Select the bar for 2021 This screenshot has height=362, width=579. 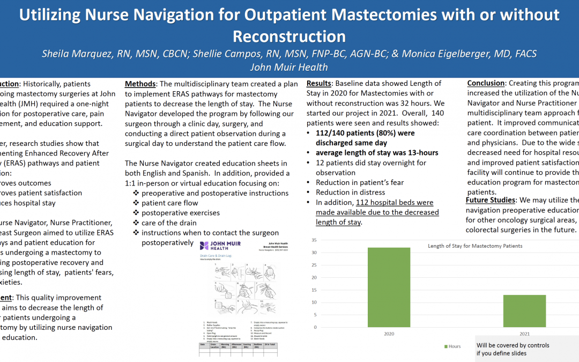tap(517, 311)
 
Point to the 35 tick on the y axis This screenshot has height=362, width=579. tap(314, 240)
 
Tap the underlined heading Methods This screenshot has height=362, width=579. tap(141, 84)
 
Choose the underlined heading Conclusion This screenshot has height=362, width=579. tap(486, 83)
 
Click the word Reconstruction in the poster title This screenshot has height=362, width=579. tap(289, 36)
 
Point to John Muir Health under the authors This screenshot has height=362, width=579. tap(289, 67)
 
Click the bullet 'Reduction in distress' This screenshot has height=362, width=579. tap(350, 193)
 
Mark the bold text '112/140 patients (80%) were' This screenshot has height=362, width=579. tap(365, 134)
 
